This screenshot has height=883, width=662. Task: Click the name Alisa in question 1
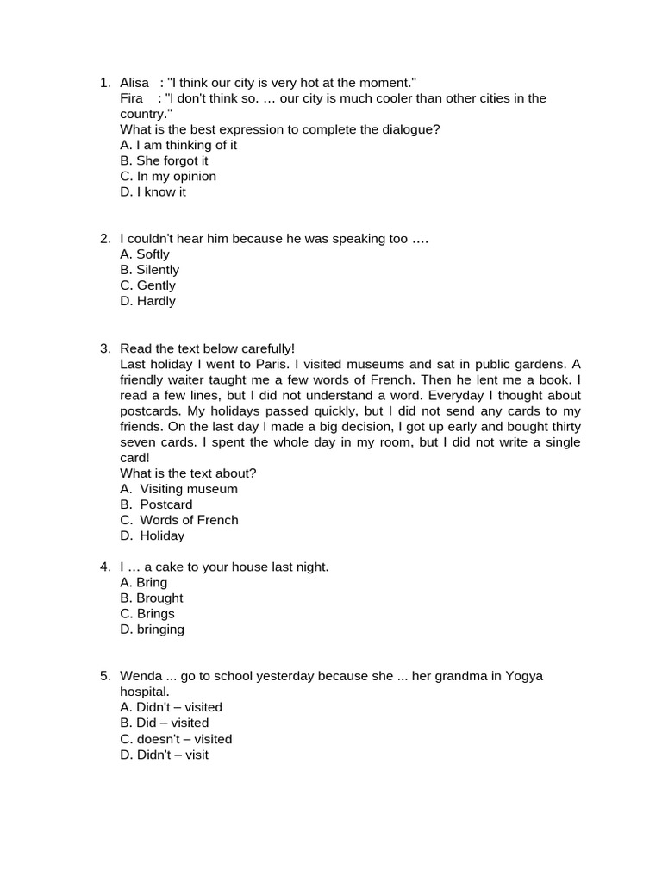[x=134, y=83]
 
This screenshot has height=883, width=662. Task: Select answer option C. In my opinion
[x=168, y=176]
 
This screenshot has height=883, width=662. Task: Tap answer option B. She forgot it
[x=164, y=160]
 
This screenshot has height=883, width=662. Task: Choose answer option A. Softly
[x=145, y=254]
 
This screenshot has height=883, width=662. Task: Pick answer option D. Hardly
[x=147, y=301]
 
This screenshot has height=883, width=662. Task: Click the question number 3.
[x=104, y=348]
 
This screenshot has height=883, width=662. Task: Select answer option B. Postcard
[x=156, y=504]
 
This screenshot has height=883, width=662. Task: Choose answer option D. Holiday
[x=153, y=535]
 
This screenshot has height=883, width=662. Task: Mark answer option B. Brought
[x=152, y=598]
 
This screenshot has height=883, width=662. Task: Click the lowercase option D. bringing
[x=153, y=629]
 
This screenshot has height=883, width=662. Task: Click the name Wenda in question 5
[x=141, y=676]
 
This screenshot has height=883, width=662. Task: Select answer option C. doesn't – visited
[x=176, y=739]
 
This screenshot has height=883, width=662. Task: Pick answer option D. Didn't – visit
[x=164, y=755]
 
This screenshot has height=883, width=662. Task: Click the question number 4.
[x=104, y=567]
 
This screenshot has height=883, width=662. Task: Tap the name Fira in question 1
[x=131, y=98]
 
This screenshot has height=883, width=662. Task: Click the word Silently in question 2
[x=158, y=270]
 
